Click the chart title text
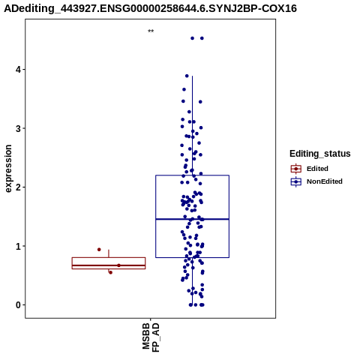pos(151,8)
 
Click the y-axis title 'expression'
pos(8,169)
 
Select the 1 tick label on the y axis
pos(19,246)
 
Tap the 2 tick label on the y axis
pos(19,187)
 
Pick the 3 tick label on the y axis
pos(19,128)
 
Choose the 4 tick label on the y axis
pos(19,70)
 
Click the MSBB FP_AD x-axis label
pos(151,337)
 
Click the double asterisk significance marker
pos(151,31)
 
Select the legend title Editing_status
pos(320,154)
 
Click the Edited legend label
pos(317,169)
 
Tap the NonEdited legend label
pos(325,181)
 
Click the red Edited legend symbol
pos(296,169)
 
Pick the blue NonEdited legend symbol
pos(296,181)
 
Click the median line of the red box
pos(109,265)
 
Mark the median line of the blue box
pos(192,219)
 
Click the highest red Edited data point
pos(99,250)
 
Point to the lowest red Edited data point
pos(110,272)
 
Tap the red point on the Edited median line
pos(118,265)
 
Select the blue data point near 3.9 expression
pos(187,76)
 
